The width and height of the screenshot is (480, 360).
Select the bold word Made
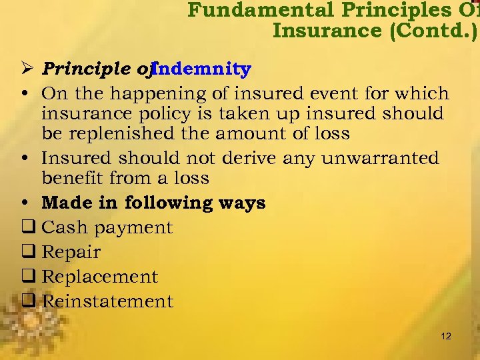tap(64, 203)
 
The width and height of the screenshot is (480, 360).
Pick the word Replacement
tap(100, 277)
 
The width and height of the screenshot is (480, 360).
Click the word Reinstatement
tap(107, 301)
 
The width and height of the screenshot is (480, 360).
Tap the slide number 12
tap(446, 336)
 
